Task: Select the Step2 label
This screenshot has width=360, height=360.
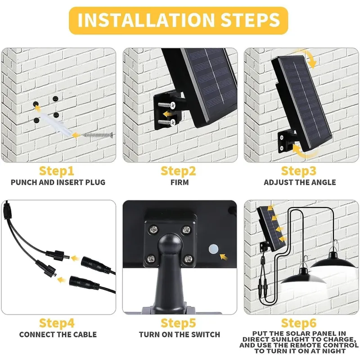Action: (179, 171)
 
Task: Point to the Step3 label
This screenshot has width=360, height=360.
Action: (299, 171)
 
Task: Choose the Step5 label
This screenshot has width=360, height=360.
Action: (179, 323)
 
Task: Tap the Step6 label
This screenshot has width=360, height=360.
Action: (299, 323)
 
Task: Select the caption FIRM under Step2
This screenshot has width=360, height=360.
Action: (180, 182)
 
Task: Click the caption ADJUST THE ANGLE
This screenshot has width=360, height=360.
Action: (300, 182)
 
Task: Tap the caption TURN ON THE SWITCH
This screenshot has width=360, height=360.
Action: (180, 334)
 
